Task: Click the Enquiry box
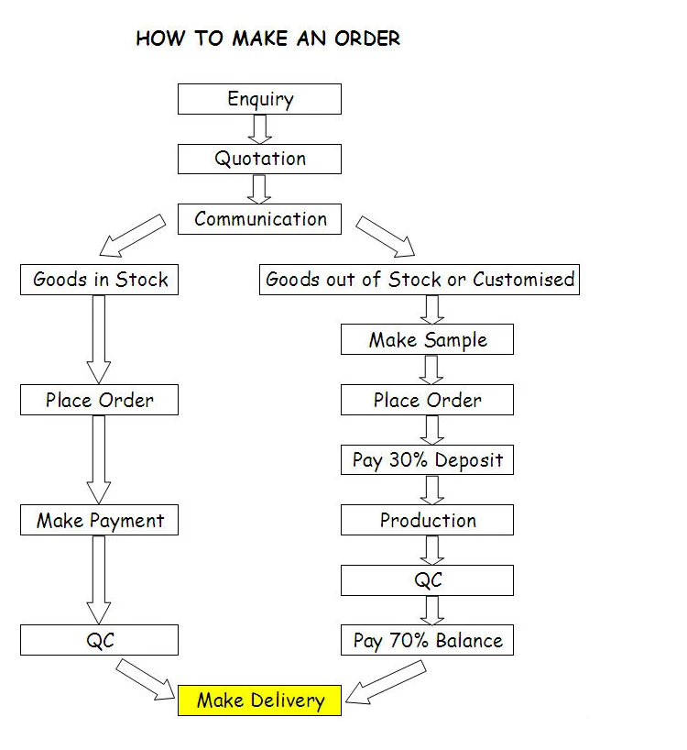259,99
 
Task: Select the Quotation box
259,159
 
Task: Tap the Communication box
259,219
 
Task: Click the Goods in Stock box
99,280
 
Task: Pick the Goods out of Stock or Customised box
420,280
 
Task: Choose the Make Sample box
427,340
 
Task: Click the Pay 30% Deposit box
427,460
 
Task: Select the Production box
427,521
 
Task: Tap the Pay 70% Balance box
427,641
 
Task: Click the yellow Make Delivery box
259,701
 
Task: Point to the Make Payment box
99,521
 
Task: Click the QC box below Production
427,580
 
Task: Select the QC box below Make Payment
99,641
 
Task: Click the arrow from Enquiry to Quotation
260,128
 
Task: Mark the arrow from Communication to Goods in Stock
132,237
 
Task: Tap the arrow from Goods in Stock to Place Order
99,338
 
